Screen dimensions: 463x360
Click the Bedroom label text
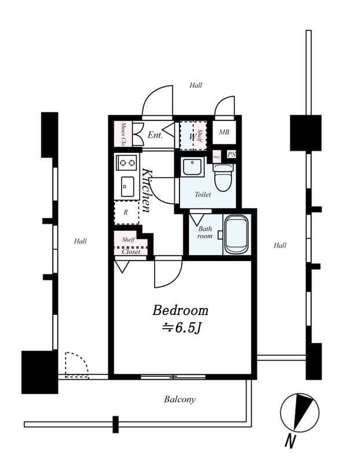180,310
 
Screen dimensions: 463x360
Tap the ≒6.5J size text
180,328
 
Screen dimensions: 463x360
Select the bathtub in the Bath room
236,234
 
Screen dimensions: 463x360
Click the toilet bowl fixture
223,177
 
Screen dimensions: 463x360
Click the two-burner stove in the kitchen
126,163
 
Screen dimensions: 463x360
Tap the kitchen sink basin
127,186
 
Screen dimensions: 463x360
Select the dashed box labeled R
126,212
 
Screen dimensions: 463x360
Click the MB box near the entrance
224,133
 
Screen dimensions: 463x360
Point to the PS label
231,155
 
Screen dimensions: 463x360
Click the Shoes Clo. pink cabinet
124,134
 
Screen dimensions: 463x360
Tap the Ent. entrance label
155,135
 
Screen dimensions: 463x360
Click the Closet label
131,252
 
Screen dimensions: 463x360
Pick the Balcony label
179,399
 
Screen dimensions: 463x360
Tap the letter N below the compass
290,442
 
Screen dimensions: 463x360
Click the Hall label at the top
196,85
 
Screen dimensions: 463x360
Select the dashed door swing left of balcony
75,365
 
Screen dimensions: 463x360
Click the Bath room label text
205,232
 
